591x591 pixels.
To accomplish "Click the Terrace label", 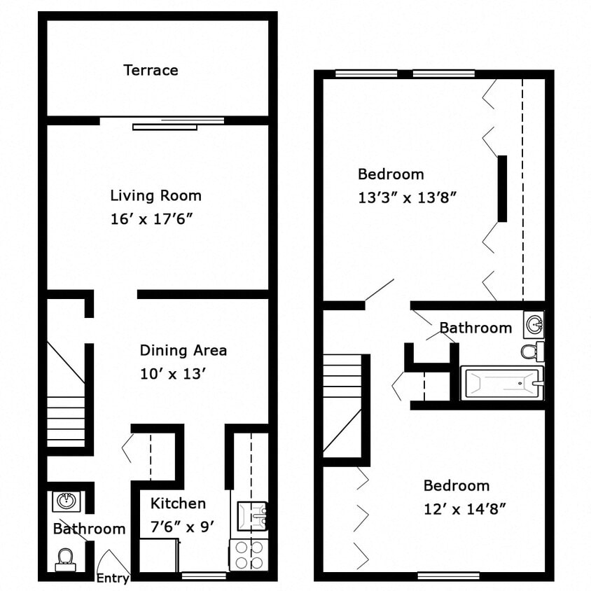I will (151, 70).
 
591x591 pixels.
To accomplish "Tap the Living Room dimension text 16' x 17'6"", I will (151, 219).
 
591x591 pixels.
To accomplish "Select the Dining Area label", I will (183, 350).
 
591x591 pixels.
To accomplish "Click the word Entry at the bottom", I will (112, 578).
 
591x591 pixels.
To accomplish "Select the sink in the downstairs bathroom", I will (67, 501).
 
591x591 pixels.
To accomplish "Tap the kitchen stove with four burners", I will (249, 555).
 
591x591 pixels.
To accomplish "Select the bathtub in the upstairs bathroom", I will (501, 383).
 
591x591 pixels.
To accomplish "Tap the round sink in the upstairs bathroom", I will (534, 324).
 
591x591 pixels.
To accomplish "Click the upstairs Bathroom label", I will (475, 328).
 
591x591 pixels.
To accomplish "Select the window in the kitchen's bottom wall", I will (204, 576).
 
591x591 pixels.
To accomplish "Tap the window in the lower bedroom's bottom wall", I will (448, 576).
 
